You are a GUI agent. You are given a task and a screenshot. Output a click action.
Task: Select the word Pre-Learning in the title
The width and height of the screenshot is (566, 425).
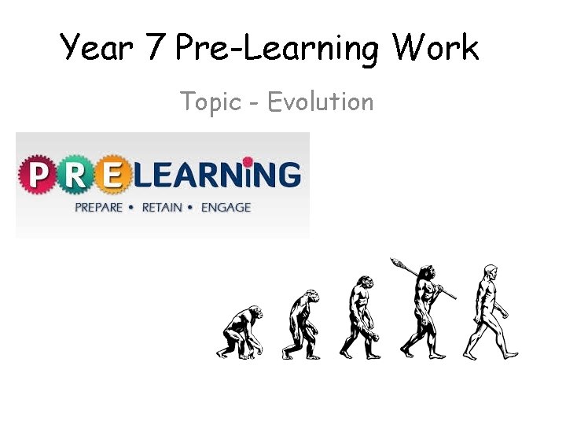click(277, 49)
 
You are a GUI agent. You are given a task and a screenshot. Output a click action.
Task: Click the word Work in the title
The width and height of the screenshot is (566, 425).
click(436, 47)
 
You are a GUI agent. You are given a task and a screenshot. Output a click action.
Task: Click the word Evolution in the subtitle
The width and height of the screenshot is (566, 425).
click(320, 102)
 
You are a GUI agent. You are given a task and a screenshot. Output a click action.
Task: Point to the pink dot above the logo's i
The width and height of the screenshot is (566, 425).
click(249, 161)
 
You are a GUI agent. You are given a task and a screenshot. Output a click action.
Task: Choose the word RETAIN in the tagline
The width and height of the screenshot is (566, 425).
click(163, 208)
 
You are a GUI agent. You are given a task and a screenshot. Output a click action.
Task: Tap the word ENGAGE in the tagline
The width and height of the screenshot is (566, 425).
click(226, 208)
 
